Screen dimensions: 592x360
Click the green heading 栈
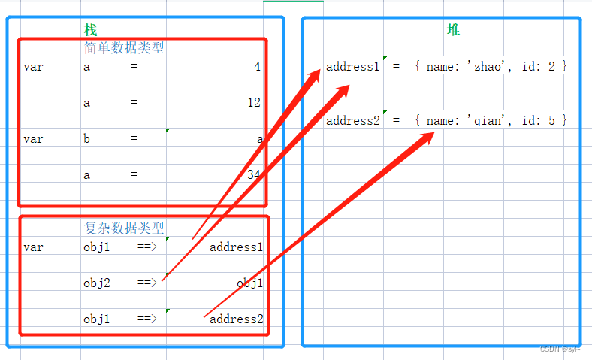click(x=91, y=30)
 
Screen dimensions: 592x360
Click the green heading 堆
click(x=454, y=30)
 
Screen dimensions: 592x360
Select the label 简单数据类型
click(x=124, y=48)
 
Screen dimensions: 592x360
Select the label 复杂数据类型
click(x=124, y=228)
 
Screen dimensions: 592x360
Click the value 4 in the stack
click(x=257, y=67)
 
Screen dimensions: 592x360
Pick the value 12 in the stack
click(x=254, y=103)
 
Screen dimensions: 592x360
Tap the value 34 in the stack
click(x=254, y=175)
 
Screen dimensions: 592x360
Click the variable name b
click(x=87, y=139)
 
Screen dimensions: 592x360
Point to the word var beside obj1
click(x=33, y=247)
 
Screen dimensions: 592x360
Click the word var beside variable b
click(x=33, y=139)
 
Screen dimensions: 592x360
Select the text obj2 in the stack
click(x=97, y=283)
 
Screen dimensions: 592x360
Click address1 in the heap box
click(x=353, y=67)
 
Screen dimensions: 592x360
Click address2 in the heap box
click(x=353, y=121)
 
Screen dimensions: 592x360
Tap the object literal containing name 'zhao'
click(x=491, y=67)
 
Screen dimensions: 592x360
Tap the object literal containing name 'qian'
click(x=491, y=121)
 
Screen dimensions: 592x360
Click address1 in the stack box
click(x=236, y=247)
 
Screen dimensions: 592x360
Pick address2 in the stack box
click(x=236, y=319)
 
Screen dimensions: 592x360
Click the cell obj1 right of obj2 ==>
click(x=249, y=283)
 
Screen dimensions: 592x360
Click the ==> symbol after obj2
click(x=146, y=283)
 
